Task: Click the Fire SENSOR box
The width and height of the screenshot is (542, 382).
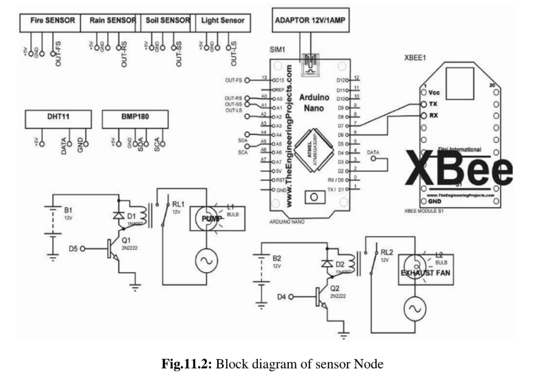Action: pyautogui.click(x=52, y=21)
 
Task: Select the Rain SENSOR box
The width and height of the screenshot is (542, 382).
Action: pyautogui.click(x=109, y=21)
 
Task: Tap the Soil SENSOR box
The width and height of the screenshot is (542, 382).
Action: pyautogui.click(x=165, y=21)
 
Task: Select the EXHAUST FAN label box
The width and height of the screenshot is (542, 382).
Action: pyautogui.click(x=425, y=271)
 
